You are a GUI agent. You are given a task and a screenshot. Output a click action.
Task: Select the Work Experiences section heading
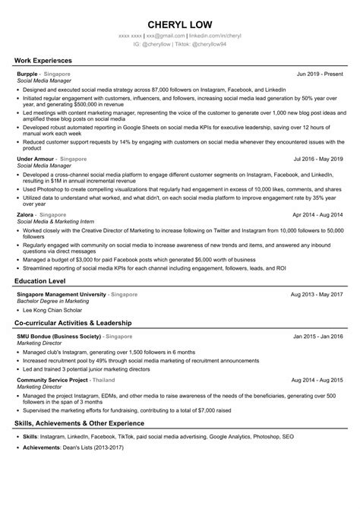pyautogui.click(x=43, y=59)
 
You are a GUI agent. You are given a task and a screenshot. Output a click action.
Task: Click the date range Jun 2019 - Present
pyautogui.click(x=320, y=74)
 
